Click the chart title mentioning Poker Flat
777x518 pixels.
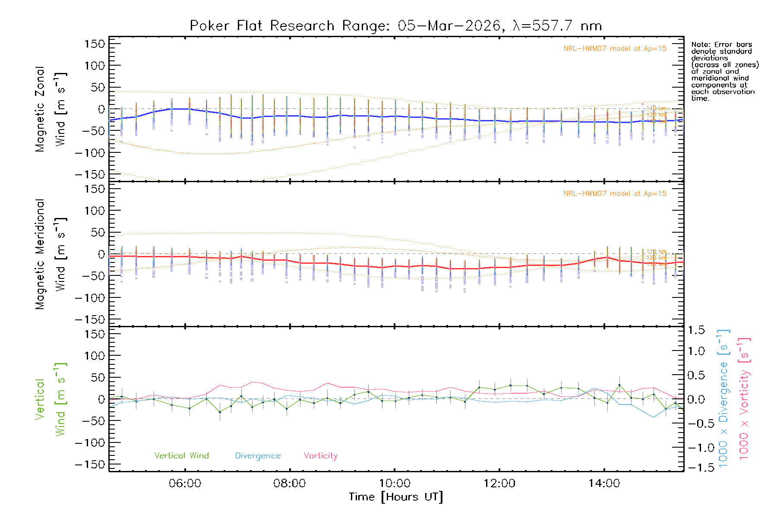point(396,26)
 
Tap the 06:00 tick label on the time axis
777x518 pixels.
point(185,483)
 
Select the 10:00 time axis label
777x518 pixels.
point(395,483)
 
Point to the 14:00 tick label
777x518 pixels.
point(604,483)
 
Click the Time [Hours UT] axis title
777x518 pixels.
point(396,497)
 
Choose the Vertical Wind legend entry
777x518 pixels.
point(181,456)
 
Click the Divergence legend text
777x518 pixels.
point(258,456)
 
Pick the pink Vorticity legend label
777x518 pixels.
point(320,456)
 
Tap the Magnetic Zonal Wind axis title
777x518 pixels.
point(51,109)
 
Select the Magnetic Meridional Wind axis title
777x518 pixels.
point(51,254)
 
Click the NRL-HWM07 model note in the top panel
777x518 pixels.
point(615,49)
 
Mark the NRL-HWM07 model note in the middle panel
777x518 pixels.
point(615,194)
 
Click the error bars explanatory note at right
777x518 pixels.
point(725,71)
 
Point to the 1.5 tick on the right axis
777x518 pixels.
point(696,331)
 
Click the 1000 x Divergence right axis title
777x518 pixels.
point(723,399)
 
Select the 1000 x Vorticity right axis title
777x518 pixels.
point(744,399)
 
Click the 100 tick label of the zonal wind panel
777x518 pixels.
point(95,66)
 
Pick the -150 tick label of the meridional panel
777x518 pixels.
point(90,320)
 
